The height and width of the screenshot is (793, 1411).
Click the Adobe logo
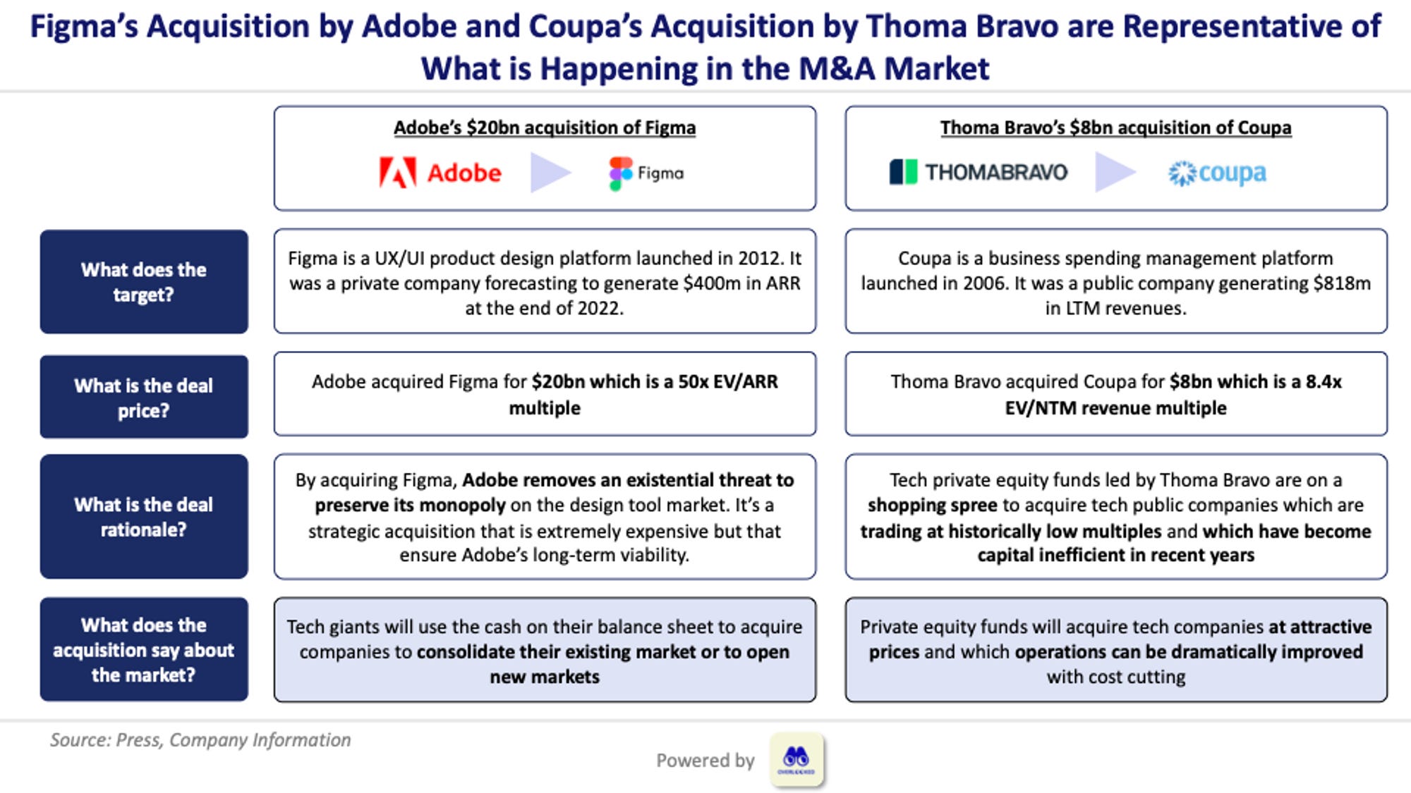(440, 173)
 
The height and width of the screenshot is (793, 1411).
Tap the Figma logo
(646, 173)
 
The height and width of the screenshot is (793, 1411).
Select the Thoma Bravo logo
(979, 172)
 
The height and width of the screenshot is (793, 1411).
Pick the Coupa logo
(1217, 173)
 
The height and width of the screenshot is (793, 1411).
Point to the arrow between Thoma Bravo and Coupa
(1115, 173)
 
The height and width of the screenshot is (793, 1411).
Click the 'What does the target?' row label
(144, 282)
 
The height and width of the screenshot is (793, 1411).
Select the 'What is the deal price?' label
(144, 398)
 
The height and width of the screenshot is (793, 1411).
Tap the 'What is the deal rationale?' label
(144, 517)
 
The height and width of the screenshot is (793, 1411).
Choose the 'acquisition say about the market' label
(144, 650)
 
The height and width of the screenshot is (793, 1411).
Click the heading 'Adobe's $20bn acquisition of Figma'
(545, 128)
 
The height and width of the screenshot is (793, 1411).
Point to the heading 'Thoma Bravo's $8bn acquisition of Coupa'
(1116, 128)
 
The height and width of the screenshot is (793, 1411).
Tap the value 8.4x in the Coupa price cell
(1324, 382)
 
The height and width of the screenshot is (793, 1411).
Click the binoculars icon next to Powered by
(797, 759)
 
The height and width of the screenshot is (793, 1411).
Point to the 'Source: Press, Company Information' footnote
(200, 740)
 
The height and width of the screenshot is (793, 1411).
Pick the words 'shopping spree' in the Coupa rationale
(932, 505)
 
